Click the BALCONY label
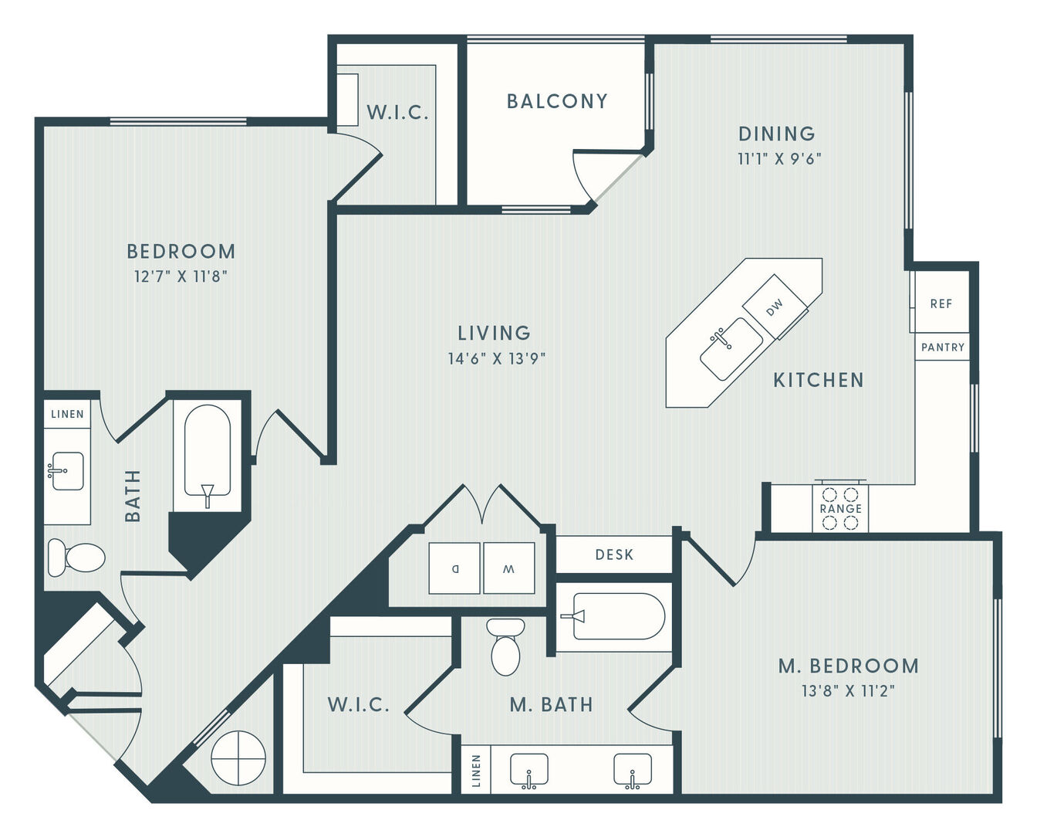557,101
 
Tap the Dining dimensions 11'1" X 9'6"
779,159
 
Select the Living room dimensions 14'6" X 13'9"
496,359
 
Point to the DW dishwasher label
775,307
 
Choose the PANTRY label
943,347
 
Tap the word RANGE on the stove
841,508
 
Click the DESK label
614,554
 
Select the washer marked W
509,568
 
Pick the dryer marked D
454,568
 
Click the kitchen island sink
731,348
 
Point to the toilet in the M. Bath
505,646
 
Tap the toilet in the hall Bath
76,558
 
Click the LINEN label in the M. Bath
476,771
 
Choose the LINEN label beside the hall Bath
68,414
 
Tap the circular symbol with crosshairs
238,758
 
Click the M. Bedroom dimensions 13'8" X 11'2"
849,691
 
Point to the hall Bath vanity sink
68,471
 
